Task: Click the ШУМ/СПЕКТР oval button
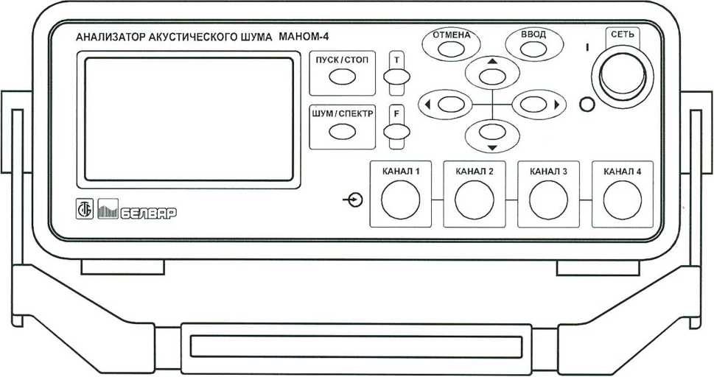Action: (343, 132)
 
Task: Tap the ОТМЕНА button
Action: (451, 49)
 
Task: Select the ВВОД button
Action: (533, 49)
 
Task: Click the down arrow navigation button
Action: (492, 132)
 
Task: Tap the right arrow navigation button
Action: (533, 105)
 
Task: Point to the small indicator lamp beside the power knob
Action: (587, 105)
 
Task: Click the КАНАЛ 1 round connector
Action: (401, 200)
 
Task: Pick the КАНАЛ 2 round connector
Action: (475, 200)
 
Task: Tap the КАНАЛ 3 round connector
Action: (548, 200)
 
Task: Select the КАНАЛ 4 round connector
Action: (623, 200)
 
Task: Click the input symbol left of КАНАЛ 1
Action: (354, 200)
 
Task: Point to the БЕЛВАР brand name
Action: (148, 213)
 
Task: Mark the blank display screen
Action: (189, 119)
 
